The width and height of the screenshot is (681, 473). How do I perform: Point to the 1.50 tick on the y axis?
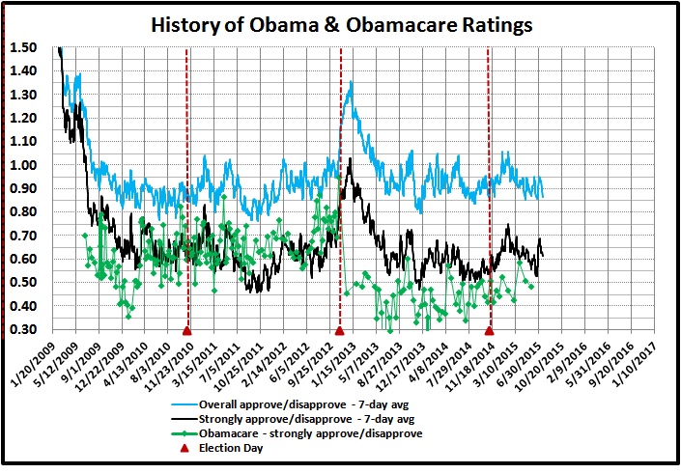pyautogui.click(x=24, y=47)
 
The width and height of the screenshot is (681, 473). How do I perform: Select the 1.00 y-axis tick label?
pyautogui.click(x=24, y=165)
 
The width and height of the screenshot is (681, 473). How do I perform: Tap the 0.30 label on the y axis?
pyautogui.click(x=24, y=330)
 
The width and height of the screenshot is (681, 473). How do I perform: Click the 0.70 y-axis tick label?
pyautogui.click(x=24, y=236)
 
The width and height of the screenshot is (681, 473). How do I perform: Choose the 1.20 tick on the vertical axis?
pyautogui.click(x=24, y=118)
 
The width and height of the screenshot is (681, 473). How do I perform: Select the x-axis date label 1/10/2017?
pyautogui.click(x=638, y=363)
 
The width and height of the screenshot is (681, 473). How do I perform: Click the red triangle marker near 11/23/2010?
pyautogui.click(x=186, y=330)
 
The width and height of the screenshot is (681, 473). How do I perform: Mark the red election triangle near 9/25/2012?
pyautogui.click(x=339, y=330)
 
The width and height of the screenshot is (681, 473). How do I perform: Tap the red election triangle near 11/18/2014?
pyautogui.click(x=489, y=330)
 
